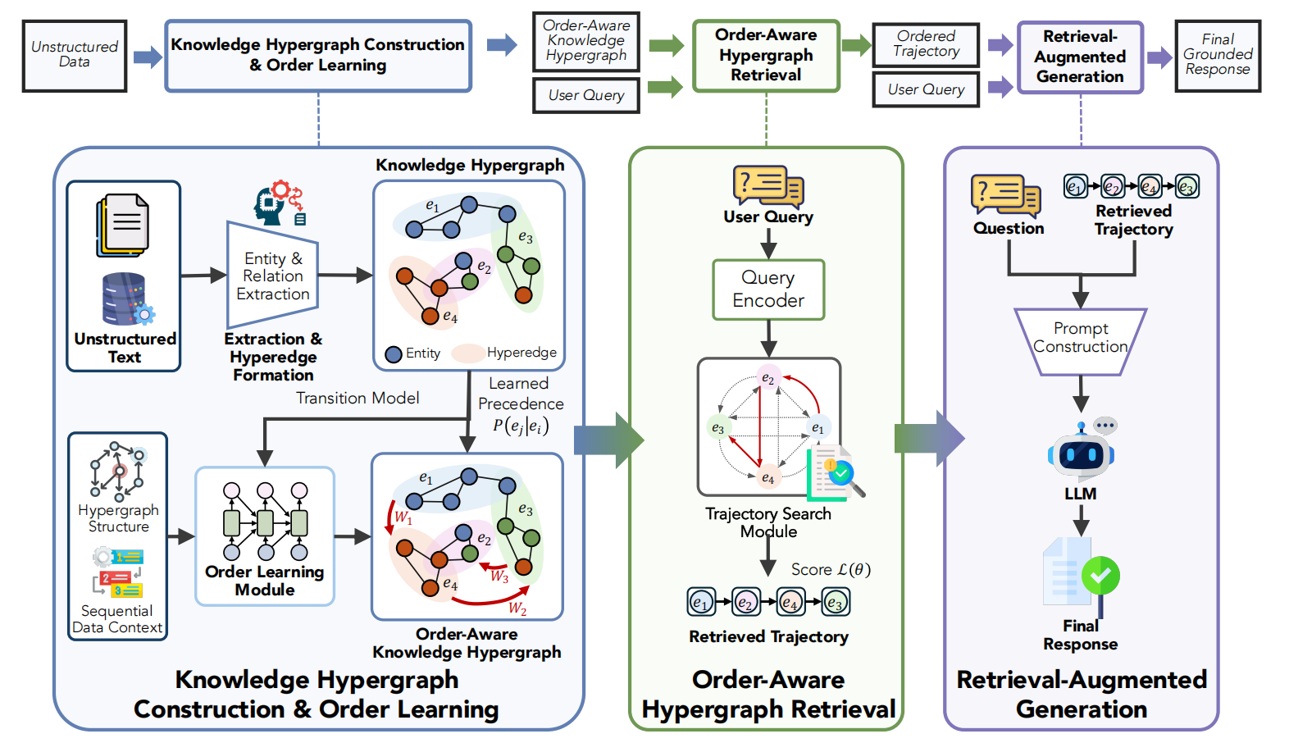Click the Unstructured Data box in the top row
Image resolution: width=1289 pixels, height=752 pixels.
click(x=75, y=55)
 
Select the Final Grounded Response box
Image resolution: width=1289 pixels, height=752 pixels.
click(x=1218, y=55)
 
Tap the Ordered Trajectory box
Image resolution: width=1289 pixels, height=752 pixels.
click(x=926, y=44)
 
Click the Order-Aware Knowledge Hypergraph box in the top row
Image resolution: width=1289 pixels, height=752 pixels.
click(x=585, y=41)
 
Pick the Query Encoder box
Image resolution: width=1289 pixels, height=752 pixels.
click(x=768, y=289)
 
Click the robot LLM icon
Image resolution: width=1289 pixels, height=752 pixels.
click(x=1082, y=453)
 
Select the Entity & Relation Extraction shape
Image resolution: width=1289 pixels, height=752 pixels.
click(x=273, y=276)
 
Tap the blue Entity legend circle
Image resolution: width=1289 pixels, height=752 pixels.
click(x=394, y=353)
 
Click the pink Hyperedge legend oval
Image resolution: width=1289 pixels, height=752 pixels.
click(x=467, y=353)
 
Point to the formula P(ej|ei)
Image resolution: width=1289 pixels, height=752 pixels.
click(x=521, y=426)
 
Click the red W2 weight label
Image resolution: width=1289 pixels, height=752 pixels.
click(x=517, y=608)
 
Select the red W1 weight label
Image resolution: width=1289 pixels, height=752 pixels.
click(x=403, y=517)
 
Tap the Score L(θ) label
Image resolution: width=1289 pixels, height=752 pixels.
click(x=831, y=569)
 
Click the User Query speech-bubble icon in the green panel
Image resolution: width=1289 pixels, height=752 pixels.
click(x=767, y=186)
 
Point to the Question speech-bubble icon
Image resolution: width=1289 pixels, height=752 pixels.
click(x=1005, y=195)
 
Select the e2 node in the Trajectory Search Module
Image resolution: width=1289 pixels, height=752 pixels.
click(x=767, y=378)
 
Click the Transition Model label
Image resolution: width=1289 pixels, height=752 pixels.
click(x=358, y=399)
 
